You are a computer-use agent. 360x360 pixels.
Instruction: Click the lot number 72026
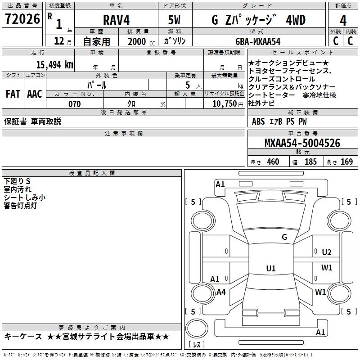point(22,19)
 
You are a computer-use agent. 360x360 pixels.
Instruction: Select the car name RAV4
point(116,20)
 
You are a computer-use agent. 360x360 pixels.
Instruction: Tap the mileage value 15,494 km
point(54,65)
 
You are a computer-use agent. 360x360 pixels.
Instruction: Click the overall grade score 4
point(343,21)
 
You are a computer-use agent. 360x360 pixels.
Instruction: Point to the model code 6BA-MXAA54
point(258,41)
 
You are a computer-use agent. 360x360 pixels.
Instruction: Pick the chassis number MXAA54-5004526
point(302,143)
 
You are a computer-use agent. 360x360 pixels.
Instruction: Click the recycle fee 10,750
point(225,104)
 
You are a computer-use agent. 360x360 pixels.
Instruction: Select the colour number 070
point(75,104)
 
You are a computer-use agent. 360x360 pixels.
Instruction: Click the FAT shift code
point(13,94)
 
